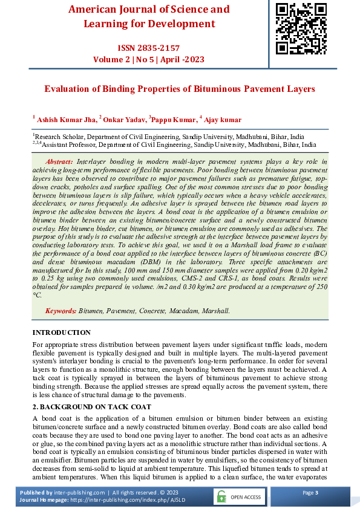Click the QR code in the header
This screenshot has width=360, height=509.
301,28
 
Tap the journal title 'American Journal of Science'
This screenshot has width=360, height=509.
149,10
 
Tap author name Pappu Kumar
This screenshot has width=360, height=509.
173,120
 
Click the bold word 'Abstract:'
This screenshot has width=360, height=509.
59,161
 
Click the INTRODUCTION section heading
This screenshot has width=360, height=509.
61,332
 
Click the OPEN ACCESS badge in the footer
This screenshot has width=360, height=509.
239,497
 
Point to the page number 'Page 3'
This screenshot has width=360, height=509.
310,493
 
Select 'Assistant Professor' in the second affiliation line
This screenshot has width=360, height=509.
69,145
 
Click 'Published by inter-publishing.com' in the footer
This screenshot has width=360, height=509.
62,493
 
